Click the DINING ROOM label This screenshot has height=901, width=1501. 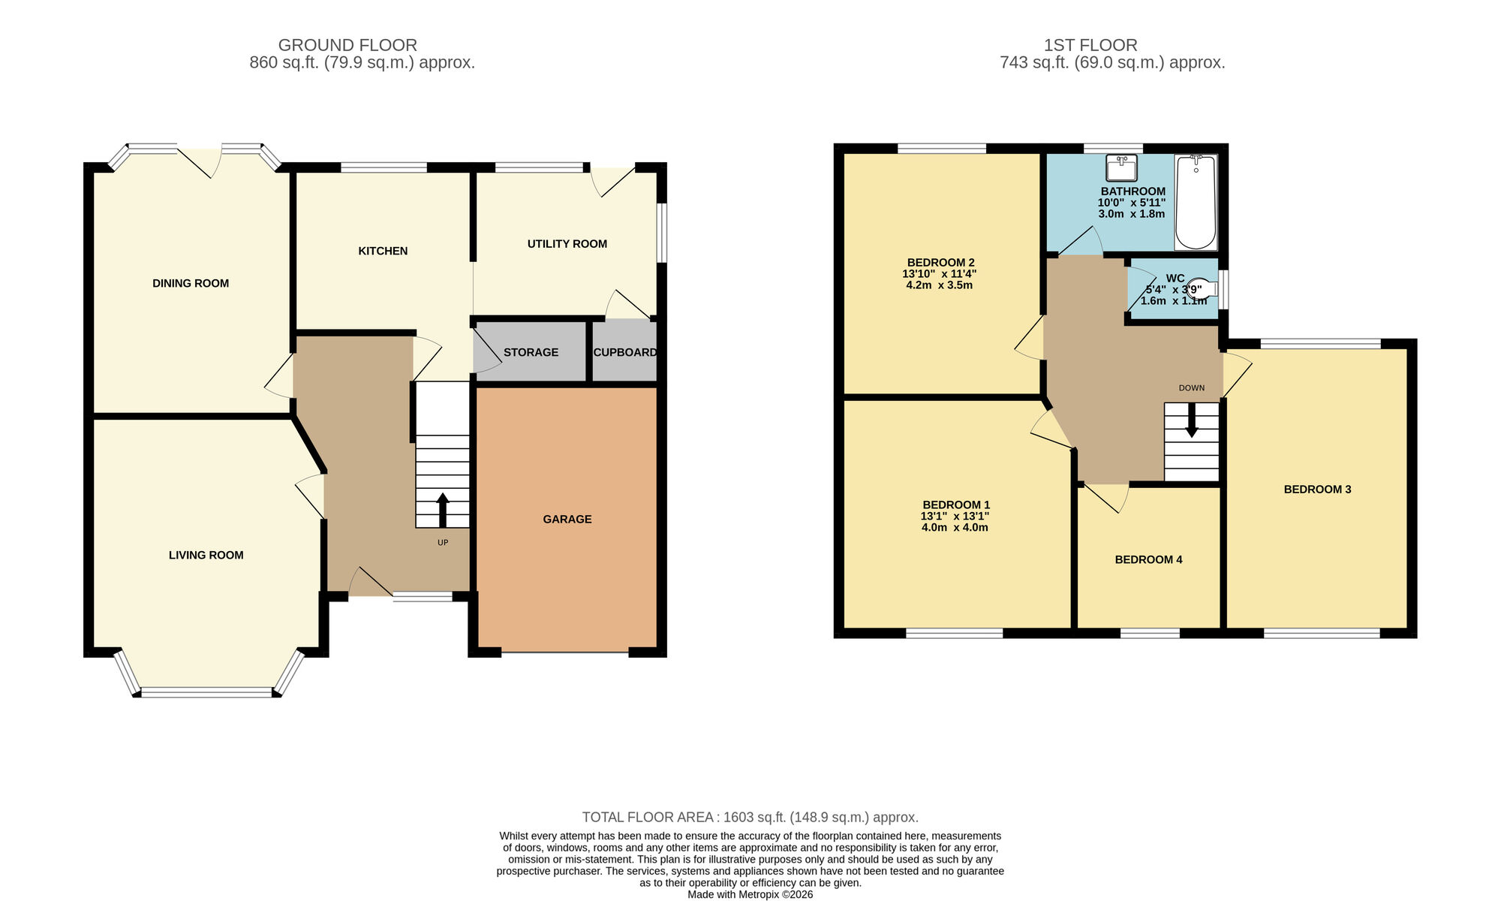191,283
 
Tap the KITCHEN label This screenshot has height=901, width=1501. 383,251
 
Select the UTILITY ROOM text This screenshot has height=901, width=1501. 567,244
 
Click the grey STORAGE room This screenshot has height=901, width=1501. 531,352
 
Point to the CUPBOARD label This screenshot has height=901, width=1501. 624,352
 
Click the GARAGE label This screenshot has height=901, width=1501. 567,519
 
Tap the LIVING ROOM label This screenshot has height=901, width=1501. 206,555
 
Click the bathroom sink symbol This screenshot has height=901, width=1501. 1121,167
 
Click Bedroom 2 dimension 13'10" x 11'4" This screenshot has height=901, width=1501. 939,274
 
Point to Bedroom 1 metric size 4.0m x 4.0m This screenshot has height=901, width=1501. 955,528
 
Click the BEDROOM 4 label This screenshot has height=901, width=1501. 1148,559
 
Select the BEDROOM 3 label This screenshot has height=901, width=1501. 1317,490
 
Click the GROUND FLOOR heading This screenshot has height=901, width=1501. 347,45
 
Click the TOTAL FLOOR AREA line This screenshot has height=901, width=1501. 750,817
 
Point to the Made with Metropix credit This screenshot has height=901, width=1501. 750,894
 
